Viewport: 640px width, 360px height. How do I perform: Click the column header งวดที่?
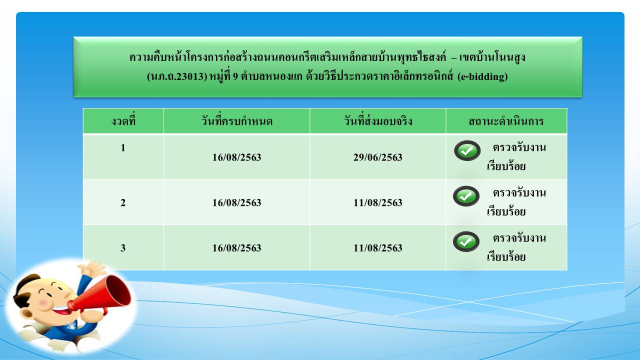coord(123,121)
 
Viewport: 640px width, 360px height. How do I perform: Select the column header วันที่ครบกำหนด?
coord(237,121)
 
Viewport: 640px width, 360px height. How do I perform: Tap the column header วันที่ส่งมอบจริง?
coord(378,121)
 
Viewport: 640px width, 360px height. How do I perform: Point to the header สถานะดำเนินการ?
coord(506,121)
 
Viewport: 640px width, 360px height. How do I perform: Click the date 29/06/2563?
coord(377,157)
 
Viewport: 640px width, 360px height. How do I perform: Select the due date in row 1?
coord(236,157)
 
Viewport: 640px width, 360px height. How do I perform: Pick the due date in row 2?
coord(236,202)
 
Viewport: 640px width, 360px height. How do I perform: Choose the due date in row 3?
coord(236,248)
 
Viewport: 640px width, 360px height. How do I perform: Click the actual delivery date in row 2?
coord(377,202)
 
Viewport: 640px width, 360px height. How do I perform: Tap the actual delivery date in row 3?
coord(377,248)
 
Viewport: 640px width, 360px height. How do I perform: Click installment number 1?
coord(123,147)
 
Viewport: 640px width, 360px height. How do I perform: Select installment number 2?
coord(123,202)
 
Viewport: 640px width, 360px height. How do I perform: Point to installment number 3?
coord(123,248)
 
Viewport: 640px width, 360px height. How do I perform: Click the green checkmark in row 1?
coord(467,150)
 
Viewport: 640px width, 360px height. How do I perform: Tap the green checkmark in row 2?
coord(466,196)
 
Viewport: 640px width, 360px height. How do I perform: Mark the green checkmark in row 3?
coord(466,241)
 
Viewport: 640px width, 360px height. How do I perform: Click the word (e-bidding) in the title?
coord(482,76)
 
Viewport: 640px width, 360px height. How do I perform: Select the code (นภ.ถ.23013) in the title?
coord(177,76)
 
